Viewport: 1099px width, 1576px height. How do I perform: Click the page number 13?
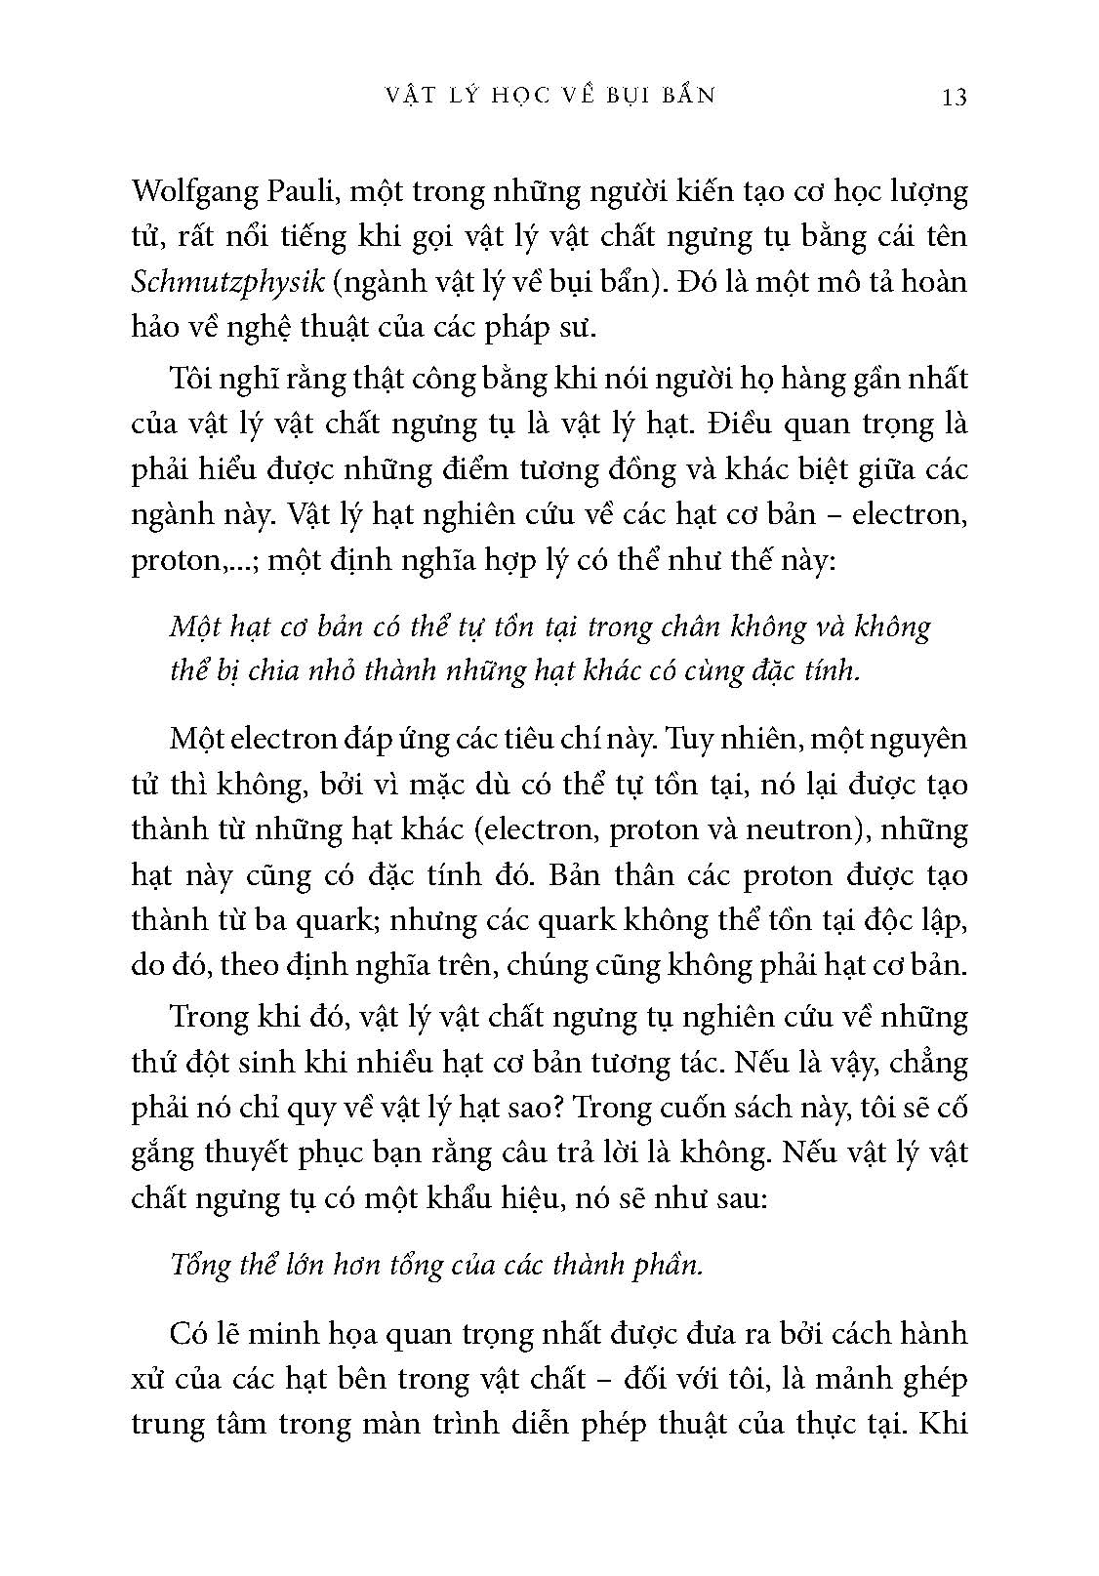(x=953, y=97)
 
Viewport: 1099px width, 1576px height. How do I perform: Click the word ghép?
(x=928, y=1378)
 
